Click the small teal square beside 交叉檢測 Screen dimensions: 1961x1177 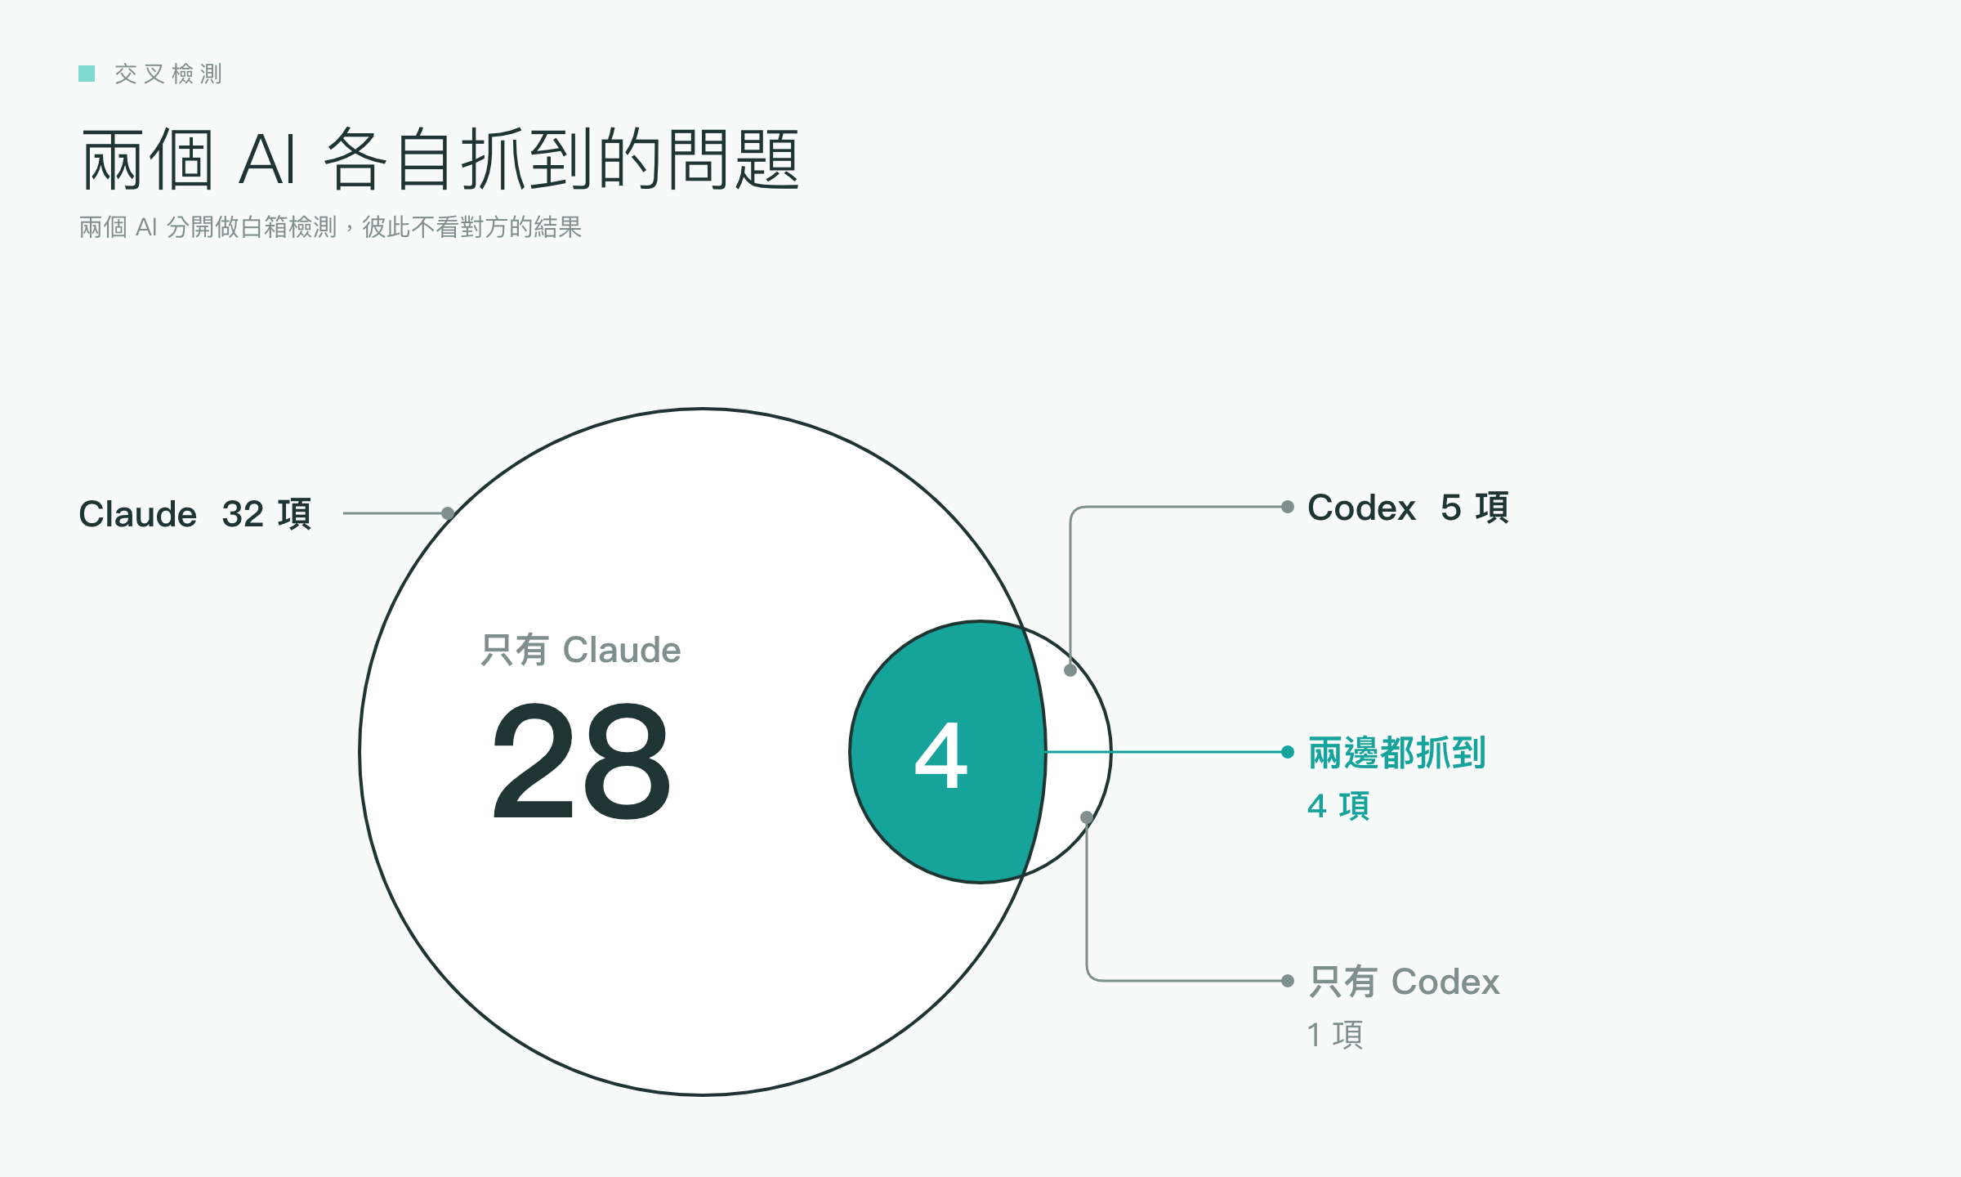(x=87, y=74)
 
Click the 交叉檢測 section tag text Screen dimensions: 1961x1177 (x=168, y=74)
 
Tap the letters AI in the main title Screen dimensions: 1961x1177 (x=267, y=159)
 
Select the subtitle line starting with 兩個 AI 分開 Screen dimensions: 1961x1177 (x=330, y=227)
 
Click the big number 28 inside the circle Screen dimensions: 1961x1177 (x=581, y=762)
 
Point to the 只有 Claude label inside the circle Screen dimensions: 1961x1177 (x=581, y=651)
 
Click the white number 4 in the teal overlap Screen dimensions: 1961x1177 (x=941, y=755)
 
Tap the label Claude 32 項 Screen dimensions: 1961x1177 (x=195, y=514)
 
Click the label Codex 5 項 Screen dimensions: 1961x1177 (x=1408, y=508)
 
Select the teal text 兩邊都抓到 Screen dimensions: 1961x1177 (x=1397, y=753)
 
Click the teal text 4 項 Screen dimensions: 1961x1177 (x=1338, y=806)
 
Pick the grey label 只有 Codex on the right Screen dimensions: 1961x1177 (x=1405, y=982)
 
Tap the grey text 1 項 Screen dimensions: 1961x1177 (x=1336, y=1035)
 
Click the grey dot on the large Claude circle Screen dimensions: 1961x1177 (x=448, y=513)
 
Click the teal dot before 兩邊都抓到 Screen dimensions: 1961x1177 (x=1288, y=752)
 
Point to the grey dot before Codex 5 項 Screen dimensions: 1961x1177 (x=1288, y=507)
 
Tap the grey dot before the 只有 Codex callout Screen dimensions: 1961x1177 (x=1288, y=981)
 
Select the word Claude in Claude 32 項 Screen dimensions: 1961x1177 (x=138, y=514)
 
